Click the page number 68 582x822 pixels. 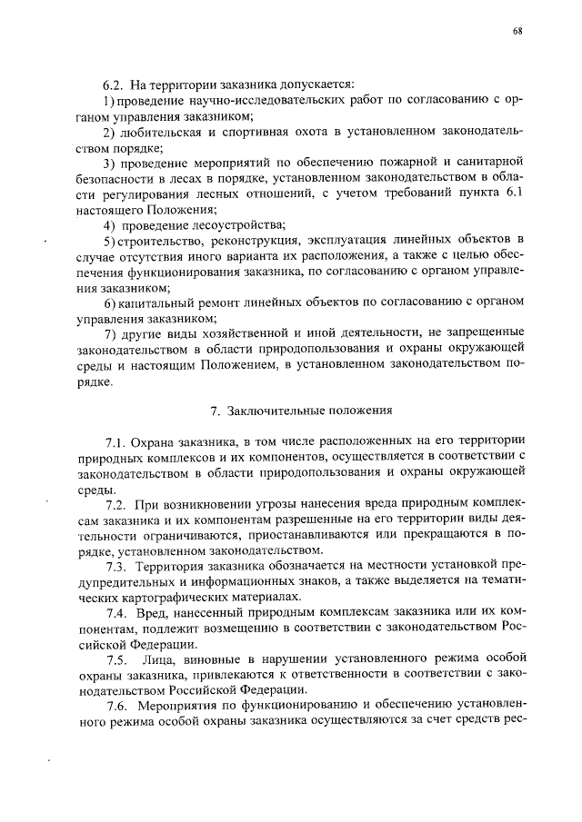(517, 31)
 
